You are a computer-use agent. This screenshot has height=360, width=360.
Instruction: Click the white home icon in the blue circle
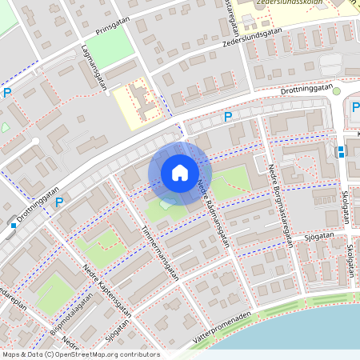(x=180, y=173)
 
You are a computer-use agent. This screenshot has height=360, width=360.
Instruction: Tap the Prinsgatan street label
(x=112, y=26)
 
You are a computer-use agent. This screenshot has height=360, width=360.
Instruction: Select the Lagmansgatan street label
(x=94, y=65)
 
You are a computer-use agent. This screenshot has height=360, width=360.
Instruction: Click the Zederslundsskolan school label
(x=289, y=3)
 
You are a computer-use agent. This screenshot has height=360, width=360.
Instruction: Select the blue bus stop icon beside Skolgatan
(x=341, y=150)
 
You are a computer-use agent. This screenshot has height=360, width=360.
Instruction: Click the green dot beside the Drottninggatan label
(x=337, y=91)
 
